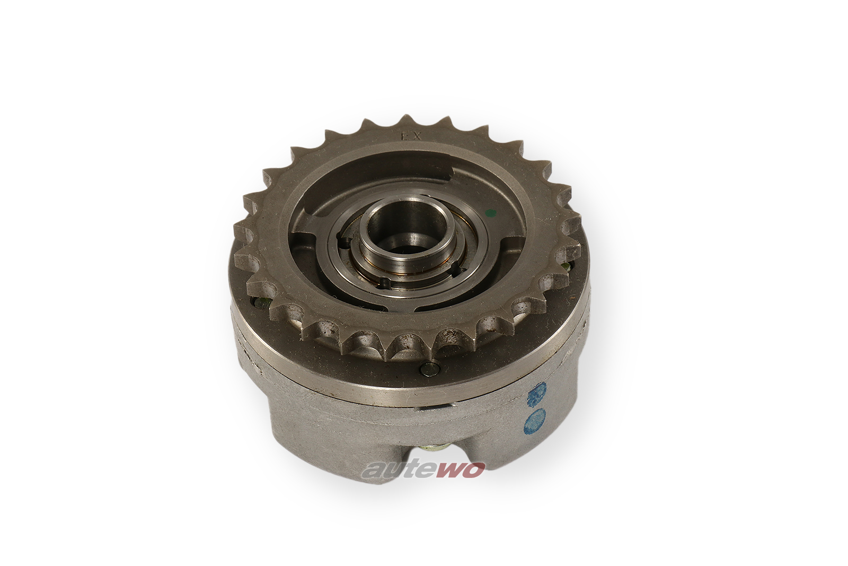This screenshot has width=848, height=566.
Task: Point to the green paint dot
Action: pos(490,213)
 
